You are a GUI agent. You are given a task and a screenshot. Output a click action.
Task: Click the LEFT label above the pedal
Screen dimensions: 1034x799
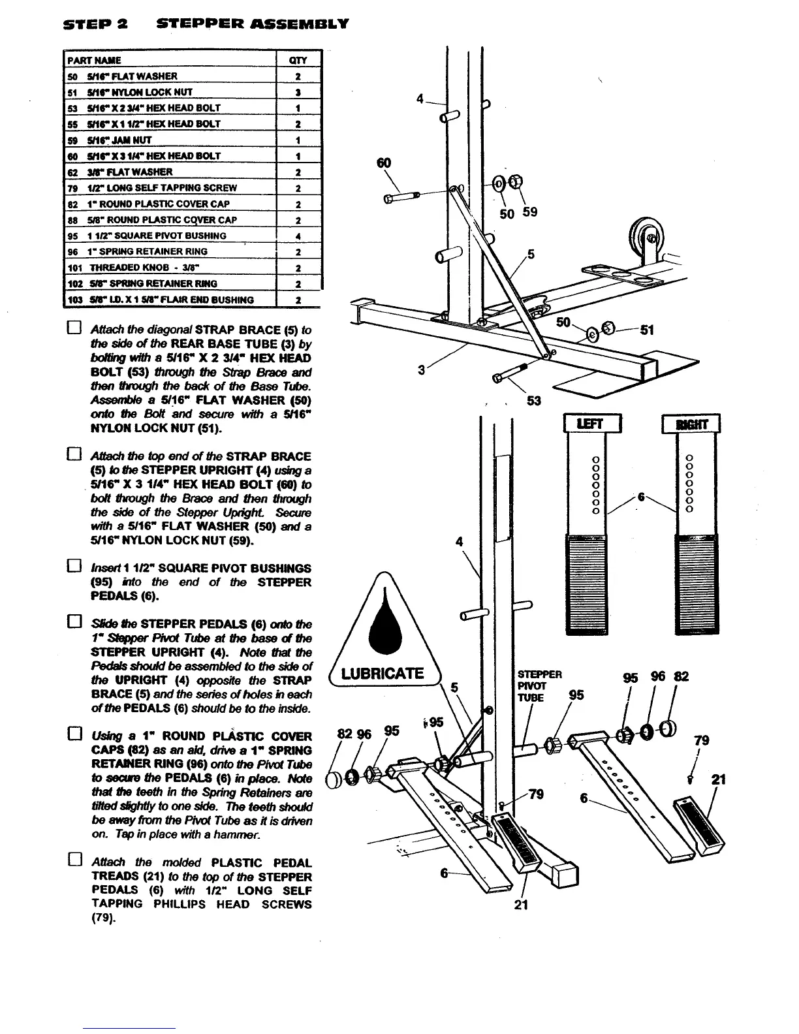(x=593, y=424)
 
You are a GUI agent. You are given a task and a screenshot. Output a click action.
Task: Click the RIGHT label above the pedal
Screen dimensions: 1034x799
(x=691, y=424)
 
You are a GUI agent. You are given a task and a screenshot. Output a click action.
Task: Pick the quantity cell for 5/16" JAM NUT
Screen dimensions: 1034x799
(x=298, y=140)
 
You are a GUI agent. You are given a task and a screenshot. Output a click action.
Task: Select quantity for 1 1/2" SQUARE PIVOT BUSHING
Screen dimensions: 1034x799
(x=298, y=236)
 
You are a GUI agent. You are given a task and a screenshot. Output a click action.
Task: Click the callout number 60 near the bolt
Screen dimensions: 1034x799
(x=384, y=162)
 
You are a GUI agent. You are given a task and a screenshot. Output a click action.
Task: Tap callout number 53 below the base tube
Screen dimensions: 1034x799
(x=534, y=400)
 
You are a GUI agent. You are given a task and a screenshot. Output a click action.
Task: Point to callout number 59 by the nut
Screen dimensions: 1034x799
(x=530, y=212)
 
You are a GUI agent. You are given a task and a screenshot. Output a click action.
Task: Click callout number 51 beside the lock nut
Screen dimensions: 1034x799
(x=647, y=330)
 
